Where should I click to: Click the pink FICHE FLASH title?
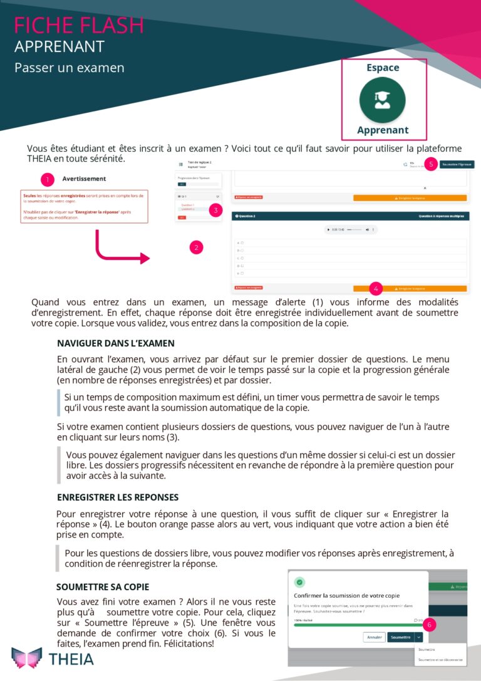click(79, 25)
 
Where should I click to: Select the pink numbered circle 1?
click(48, 180)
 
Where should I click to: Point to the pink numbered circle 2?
click(197, 247)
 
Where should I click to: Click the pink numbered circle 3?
click(215, 211)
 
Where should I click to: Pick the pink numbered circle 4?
click(376, 289)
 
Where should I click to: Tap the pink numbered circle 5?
click(430, 164)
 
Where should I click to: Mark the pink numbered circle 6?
click(429, 625)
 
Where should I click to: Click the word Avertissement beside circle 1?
click(84, 179)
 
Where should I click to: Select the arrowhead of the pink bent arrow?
click(145, 258)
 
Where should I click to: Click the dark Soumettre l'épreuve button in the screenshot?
click(457, 164)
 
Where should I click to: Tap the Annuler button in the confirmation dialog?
click(374, 637)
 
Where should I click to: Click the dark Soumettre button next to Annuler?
click(400, 637)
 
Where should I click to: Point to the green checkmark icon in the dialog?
click(300, 582)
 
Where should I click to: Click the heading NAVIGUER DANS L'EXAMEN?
click(116, 343)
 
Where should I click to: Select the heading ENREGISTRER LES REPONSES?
click(118, 497)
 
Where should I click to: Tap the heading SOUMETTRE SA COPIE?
click(103, 587)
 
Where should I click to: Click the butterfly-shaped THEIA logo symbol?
click(27, 658)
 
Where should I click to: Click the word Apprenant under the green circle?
click(383, 130)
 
